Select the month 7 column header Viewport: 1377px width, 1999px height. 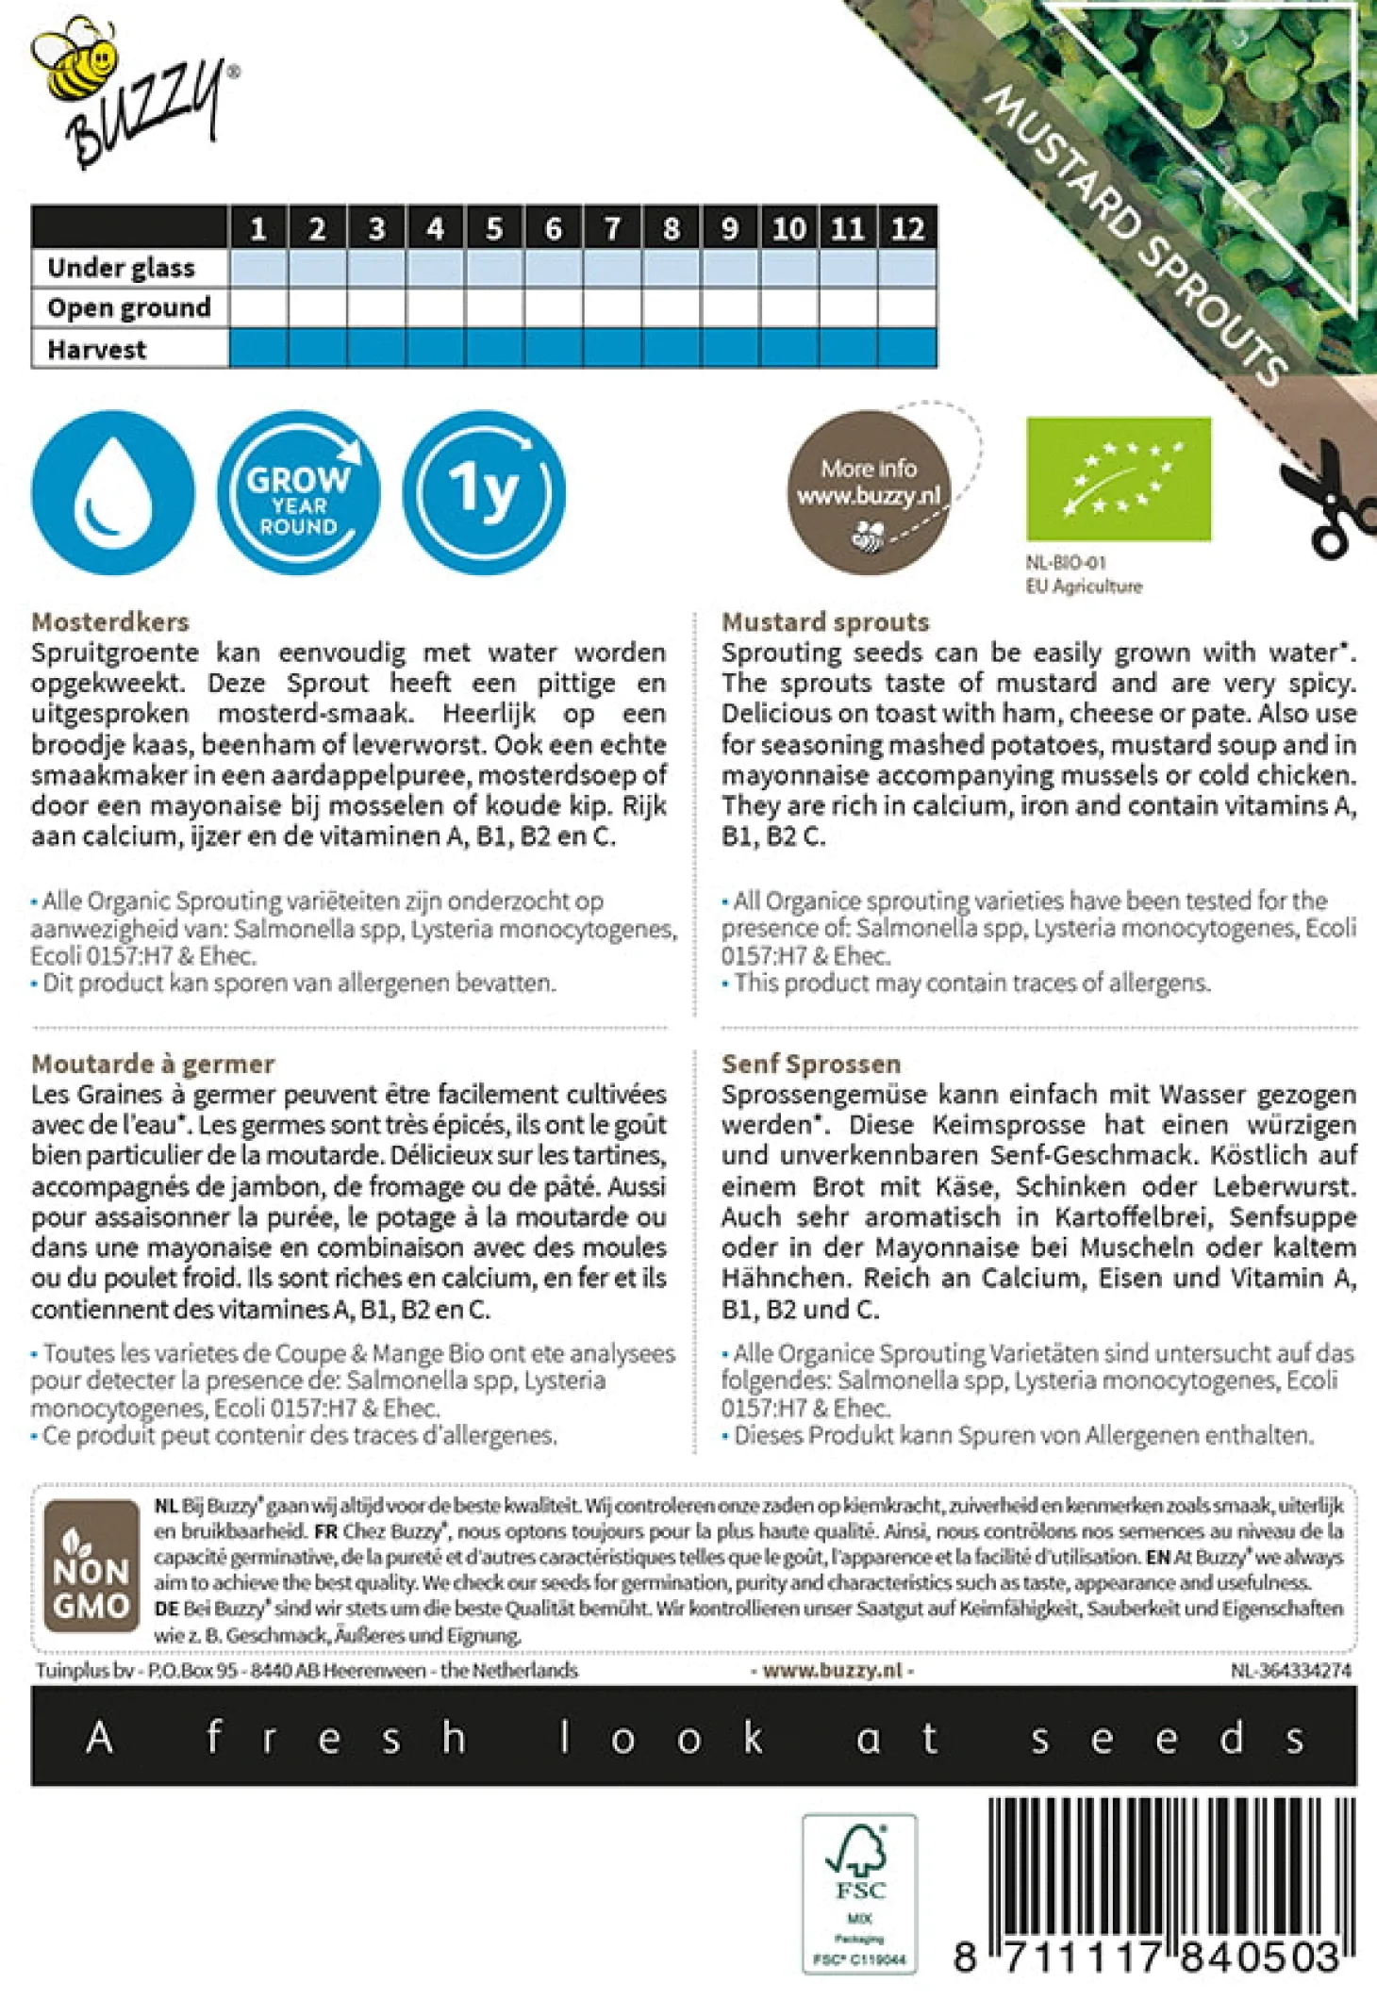(x=612, y=228)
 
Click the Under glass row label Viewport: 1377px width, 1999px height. (x=122, y=269)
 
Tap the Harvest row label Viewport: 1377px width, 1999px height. (x=97, y=350)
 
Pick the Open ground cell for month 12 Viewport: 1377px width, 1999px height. (x=907, y=308)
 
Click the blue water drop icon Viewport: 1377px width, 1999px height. (x=112, y=492)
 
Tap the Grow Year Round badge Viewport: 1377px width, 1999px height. (x=298, y=492)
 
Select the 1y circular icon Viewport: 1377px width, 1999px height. (x=484, y=492)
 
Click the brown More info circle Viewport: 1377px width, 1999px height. (x=869, y=492)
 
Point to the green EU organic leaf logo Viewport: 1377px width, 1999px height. (x=1118, y=479)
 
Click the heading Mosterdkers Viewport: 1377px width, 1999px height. (x=110, y=622)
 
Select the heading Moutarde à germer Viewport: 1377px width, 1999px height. (x=153, y=1064)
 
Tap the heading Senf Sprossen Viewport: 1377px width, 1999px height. (x=810, y=1064)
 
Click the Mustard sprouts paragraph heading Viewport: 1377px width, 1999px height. (x=825, y=622)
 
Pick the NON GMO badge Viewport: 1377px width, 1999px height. (x=91, y=1565)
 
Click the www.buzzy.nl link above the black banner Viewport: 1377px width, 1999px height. (x=832, y=1670)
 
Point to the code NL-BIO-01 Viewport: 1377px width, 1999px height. (x=1066, y=563)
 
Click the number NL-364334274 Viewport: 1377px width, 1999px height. (x=1290, y=1670)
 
